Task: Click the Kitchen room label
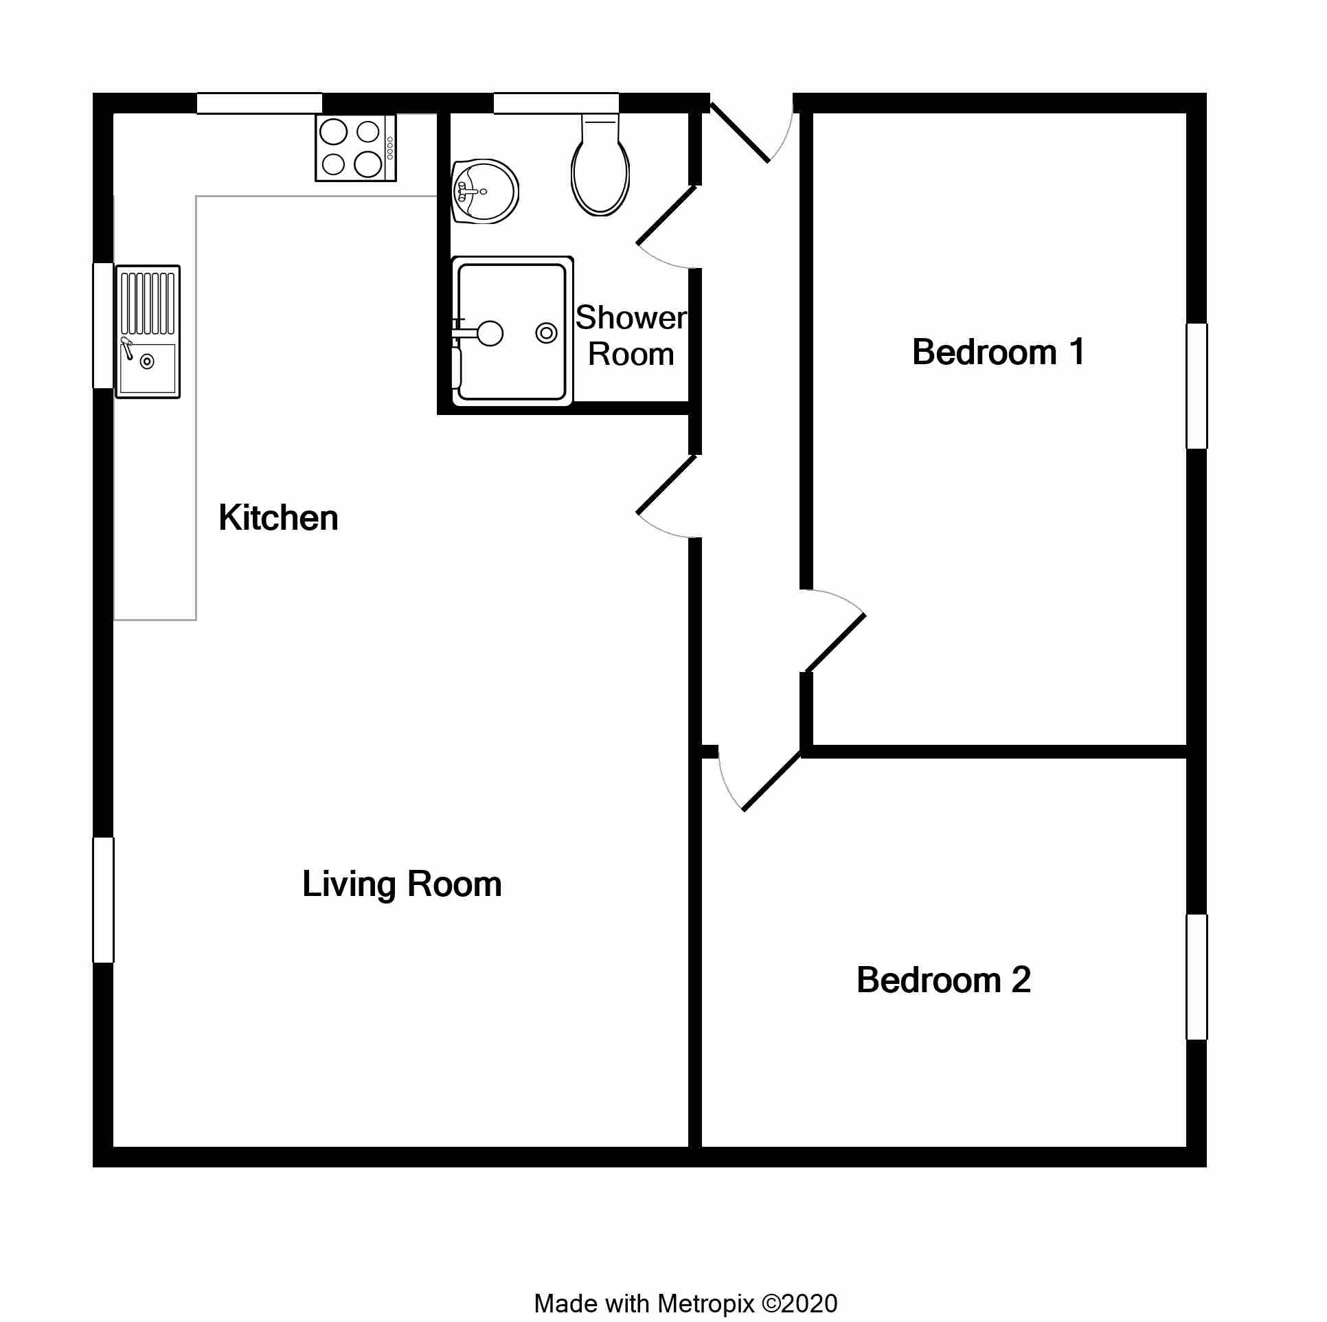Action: (x=278, y=518)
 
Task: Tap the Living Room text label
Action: (x=402, y=885)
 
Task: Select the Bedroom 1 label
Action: (x=999, y=352)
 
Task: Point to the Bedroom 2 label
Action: (x=944, y=980)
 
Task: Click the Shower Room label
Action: (x=631, y=336)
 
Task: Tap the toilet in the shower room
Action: (x=600, y=164)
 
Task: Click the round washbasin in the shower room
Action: (x=485, y=192)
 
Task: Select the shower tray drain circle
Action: (x=547, y=334)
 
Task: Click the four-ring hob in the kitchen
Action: (x=356, y=148)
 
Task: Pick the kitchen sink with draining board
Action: (x=148, y=332)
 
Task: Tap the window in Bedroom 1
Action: (x=1197, y=386)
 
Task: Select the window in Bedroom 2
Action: (x=1197, y=977)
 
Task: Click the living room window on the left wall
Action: (x=104, y=900)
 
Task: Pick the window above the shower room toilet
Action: (x=556, y=103)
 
